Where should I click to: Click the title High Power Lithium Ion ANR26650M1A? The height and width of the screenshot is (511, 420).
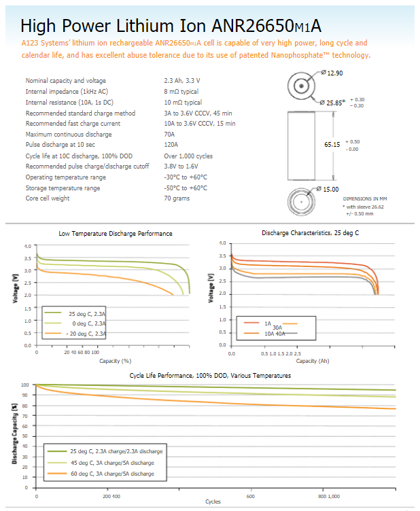(x=171, y=25)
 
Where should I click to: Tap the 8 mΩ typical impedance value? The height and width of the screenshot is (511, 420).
(x=181, y=91)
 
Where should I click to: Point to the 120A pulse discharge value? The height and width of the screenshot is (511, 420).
(x=171, y=145)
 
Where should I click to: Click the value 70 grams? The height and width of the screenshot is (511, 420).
(x=177, y=198)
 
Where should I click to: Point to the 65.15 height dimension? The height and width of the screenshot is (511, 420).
(x=332, y=145)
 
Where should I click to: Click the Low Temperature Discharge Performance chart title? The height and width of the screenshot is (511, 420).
(x=116, y=234)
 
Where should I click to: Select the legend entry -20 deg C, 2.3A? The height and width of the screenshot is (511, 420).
(x=81, y=334)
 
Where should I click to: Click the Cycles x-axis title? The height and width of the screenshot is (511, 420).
(x=213, y=501)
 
